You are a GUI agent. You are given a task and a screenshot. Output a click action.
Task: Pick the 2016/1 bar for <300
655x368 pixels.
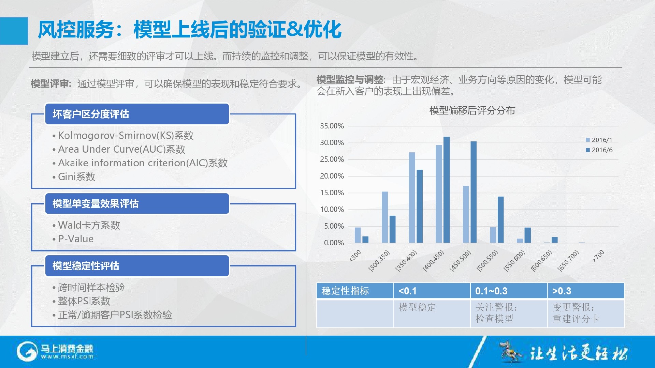click(x=358, y=235)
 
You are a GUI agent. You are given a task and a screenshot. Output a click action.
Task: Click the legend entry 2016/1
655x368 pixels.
click(x=599, y=140)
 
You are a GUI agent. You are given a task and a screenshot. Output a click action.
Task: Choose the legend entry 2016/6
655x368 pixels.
click(x=599, y=150)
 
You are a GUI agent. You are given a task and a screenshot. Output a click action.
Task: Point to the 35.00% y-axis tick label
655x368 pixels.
click(x=332, y=126)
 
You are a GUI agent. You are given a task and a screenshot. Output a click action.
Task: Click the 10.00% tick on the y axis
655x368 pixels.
click(x=332, y=210)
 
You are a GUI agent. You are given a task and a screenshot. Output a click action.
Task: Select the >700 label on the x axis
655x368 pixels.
click(x=598, y=256)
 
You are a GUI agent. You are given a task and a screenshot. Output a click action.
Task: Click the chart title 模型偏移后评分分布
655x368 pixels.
click(x=472, y=111)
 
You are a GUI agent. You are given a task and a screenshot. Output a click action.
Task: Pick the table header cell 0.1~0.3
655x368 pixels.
click(x=509, y=291)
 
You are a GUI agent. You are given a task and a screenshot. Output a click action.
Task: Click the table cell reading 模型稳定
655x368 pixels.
click(x=417, y=307)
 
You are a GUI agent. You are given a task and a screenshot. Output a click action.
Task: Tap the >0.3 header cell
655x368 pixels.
click(x=586, y=291)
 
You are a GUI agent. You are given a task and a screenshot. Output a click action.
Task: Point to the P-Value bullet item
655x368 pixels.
click(x=73, y=239)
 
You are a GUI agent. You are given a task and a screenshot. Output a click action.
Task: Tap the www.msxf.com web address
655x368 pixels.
click(x=67, y=357)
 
